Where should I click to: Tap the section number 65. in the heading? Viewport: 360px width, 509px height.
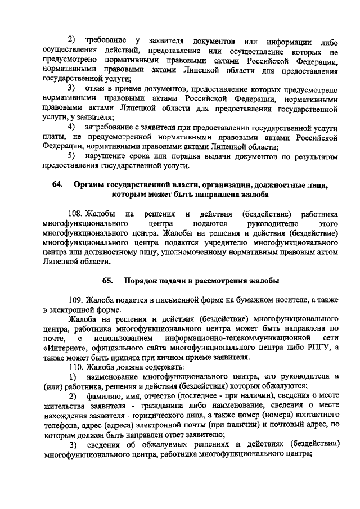[x=107, y=281]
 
